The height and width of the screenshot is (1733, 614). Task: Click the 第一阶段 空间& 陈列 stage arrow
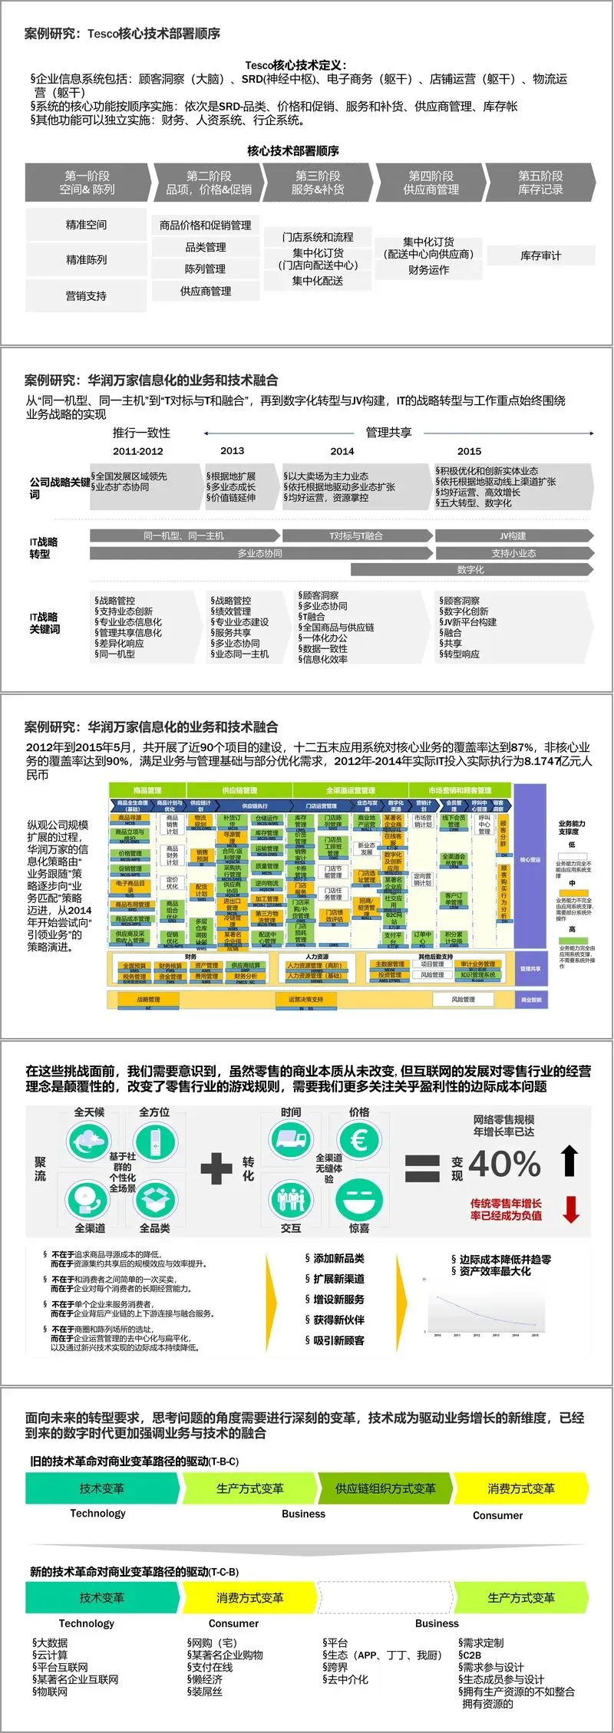point(87,183)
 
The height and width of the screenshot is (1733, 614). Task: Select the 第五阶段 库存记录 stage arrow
point(540,183)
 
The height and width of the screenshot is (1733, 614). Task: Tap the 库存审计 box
point(540,255)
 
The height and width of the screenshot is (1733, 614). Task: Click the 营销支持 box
point(86,295)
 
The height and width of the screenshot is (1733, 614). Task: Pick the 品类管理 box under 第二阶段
point(206,247)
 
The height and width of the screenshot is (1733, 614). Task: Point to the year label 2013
point(232,451)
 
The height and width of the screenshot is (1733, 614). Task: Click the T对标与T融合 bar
point(355,535)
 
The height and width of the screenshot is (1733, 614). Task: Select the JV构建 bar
point(513,535)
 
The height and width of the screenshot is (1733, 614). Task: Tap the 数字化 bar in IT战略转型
point(470,569)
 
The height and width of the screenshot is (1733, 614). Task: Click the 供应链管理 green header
point(239,790)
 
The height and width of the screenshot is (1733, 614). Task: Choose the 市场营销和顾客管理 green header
point(460,790)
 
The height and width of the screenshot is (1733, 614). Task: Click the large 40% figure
point(504,1164)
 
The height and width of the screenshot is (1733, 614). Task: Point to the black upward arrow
point(569,1161)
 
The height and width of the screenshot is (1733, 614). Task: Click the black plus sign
point(216,1168)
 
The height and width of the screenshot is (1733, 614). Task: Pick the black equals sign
point(422,1168)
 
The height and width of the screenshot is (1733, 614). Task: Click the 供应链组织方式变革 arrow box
point(385,1488)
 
